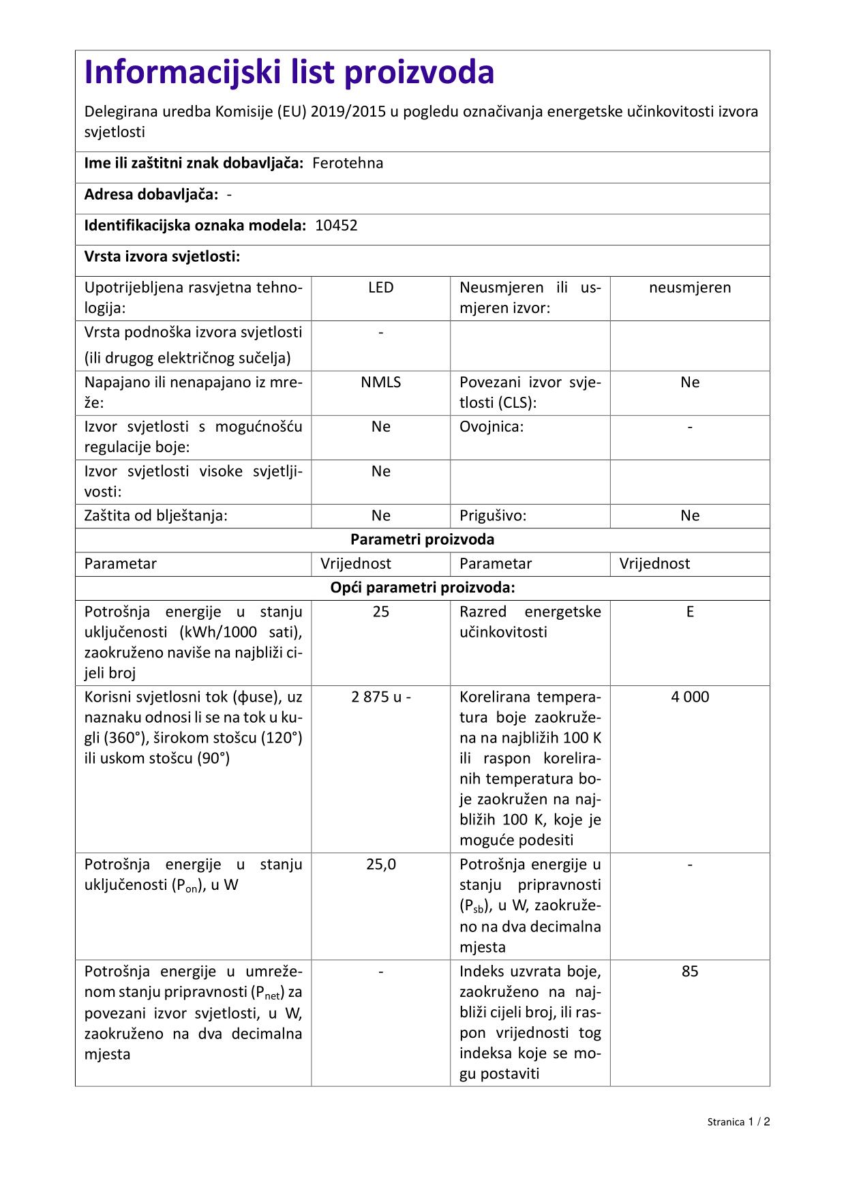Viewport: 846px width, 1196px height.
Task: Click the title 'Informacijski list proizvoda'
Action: [x=289, y=72]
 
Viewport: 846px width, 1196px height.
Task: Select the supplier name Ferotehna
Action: [x=348, y=163]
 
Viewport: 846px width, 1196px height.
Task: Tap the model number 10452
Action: [x=336, y=226]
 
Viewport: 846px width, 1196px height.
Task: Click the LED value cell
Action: [x=380, y=288]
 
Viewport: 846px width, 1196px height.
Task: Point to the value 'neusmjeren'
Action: [x=690, y=288]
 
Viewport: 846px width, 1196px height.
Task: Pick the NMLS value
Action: [x=380, y=383]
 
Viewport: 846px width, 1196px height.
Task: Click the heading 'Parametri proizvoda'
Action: [x=422, y=539]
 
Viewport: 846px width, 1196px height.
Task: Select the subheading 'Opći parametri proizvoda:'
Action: [x=422, y=588]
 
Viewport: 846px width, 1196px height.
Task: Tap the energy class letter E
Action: [x=690, y=612]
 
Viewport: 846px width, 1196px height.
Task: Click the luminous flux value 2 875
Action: [x=371, y=697]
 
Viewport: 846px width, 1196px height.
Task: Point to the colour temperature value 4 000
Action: [x=690, y=697]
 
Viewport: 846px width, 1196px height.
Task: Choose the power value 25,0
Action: [x=380, y=865]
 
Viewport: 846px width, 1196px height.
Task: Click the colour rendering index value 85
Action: [x=690, y=972]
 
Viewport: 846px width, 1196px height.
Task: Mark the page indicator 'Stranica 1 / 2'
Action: [x=738, y=1122]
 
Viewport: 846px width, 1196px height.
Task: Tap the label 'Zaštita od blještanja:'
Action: [x=155, y=515]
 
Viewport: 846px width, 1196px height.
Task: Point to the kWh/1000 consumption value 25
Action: [x=380, y=612]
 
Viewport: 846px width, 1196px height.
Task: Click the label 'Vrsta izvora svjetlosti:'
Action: [x=162, y=256]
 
